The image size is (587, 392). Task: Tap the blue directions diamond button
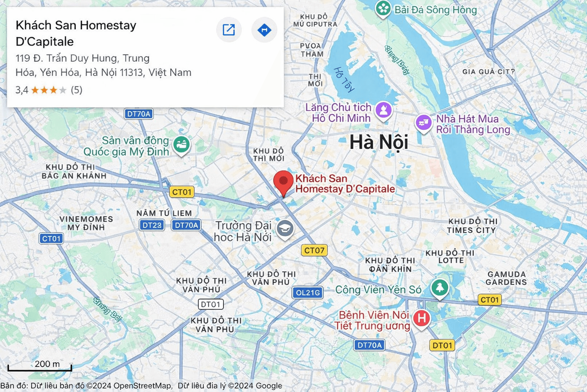click(x=264, y=30)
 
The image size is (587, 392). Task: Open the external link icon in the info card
click(x=229, y=30)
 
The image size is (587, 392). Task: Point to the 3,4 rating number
click(x=22, y=90)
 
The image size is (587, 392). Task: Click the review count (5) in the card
click(x=76, y=90)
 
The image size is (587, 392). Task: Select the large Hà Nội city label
click(x=379, y=142)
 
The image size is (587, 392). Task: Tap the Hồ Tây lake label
click(x=344, y=80)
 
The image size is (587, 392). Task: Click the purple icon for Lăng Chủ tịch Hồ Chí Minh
click(x=384, y=110)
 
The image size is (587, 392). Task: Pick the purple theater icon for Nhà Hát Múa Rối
click(x=423, y=123)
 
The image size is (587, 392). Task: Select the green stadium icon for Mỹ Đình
click(x=182, y=145)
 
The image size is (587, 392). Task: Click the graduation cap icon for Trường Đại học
click(x=285, y=229)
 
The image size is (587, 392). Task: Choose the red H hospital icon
click(x=422, y=318)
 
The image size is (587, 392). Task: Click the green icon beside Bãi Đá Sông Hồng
click(x=383, y=8)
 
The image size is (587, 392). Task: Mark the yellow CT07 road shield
click(x=314, y=250)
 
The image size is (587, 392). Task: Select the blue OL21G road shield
click(x=308, y=293)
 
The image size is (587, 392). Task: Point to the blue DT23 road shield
click(x=152, y=225)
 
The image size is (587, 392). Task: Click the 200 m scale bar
click(x=40, y=368)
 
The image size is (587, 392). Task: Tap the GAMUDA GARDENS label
click(x=506, y=278)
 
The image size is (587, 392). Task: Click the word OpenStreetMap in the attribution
click(x=143, y=386)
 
